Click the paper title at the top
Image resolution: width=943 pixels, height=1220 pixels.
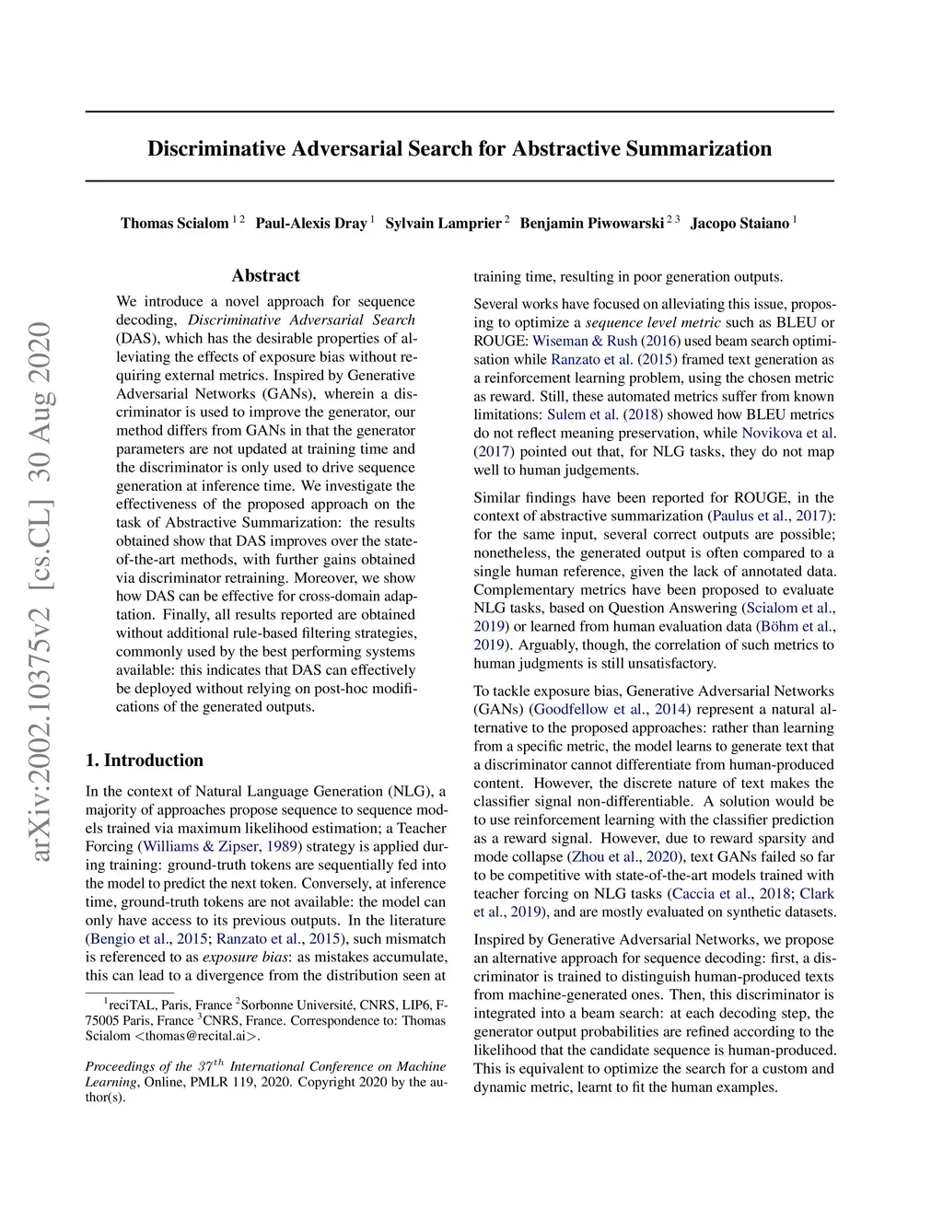[x=460, y=149]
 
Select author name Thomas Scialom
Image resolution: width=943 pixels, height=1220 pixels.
[x=175, y=224]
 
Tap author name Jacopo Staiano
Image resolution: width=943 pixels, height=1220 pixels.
[x=739, y=224]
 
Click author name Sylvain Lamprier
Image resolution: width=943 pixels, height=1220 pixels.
[x=443, y=224]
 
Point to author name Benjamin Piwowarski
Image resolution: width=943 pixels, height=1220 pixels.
[x=591, y=224]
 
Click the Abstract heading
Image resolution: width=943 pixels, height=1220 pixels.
[x=266, y=275]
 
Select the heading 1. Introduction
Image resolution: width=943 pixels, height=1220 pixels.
[x=145, y=761]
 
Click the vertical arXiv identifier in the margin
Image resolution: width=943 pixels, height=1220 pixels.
[x=41, y=591]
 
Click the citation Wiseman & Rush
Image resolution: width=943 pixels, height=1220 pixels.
[x=585, y=341]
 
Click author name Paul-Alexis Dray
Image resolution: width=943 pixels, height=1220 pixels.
[x=311, y=224]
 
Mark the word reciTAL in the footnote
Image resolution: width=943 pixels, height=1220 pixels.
[x=132, y=1005]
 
